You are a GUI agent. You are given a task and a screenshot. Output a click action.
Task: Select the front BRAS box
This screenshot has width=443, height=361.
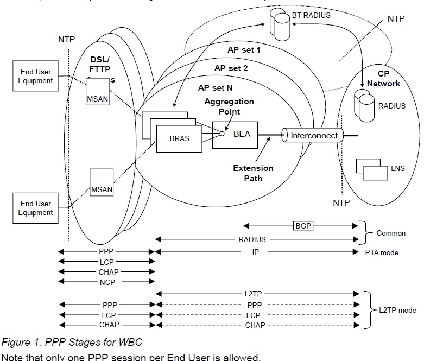(179, 138)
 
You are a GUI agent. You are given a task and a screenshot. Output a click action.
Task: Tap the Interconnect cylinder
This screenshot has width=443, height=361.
(314, 136)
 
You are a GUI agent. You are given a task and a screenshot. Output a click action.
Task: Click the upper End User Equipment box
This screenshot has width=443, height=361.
(36, 76)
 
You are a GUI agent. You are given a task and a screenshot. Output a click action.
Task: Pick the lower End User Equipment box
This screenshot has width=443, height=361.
(36, 208)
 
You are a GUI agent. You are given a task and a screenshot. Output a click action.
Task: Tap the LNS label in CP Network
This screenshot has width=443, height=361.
(397, 169)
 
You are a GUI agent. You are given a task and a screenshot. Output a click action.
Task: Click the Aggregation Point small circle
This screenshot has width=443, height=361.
(222, 134)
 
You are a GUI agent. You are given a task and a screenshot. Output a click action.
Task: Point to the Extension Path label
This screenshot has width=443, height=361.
(253, 173)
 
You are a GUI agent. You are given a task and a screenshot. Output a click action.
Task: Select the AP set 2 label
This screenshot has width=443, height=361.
(231, 68)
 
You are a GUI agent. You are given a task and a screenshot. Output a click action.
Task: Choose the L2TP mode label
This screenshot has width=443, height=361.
(399, 310)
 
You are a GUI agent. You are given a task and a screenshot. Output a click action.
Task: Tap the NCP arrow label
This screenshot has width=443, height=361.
(107, 282)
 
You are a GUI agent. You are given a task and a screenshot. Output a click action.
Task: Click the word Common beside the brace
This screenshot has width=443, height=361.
(391, 233)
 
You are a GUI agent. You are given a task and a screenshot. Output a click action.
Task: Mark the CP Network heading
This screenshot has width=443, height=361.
(383, 79)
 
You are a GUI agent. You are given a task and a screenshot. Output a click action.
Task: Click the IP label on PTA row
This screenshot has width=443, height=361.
(256, 252)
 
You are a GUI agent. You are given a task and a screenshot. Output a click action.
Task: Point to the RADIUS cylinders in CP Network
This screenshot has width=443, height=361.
(364, 104)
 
